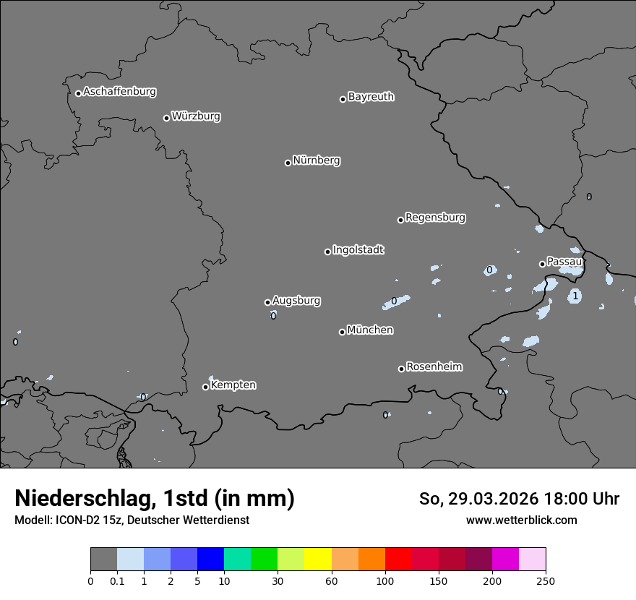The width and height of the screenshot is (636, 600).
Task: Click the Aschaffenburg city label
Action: click(x=119, y=92)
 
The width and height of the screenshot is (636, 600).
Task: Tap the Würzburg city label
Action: click(x=196, y=116)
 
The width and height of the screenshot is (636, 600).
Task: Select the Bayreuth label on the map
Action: click(x=371, y=97)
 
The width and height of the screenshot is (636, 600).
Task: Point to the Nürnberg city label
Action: click(x=316, y=160)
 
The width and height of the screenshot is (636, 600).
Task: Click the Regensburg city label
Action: click(x=435, y=218)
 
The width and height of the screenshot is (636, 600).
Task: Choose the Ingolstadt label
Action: click(x=358, y=250)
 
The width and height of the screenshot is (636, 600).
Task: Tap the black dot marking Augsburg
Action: click(x=267, y=302)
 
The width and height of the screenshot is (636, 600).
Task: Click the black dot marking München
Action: click(x=342, y=332)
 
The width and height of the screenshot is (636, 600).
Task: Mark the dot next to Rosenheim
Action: click(x=401, y=369)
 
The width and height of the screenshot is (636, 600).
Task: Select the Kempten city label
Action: click(x=233, y=385)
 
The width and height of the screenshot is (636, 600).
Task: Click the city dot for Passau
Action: click(x=542, y=264)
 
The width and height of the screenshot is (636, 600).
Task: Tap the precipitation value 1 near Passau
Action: click(x=575, y=296)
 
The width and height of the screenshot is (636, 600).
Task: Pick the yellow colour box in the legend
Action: click(x=318, y=560)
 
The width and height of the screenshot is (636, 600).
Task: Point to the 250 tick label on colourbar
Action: click(x=546, y=580)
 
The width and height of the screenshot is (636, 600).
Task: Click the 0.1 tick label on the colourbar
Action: click(x=117, y=580)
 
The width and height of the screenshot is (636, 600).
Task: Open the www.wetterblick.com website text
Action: click(x=521, y=520)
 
